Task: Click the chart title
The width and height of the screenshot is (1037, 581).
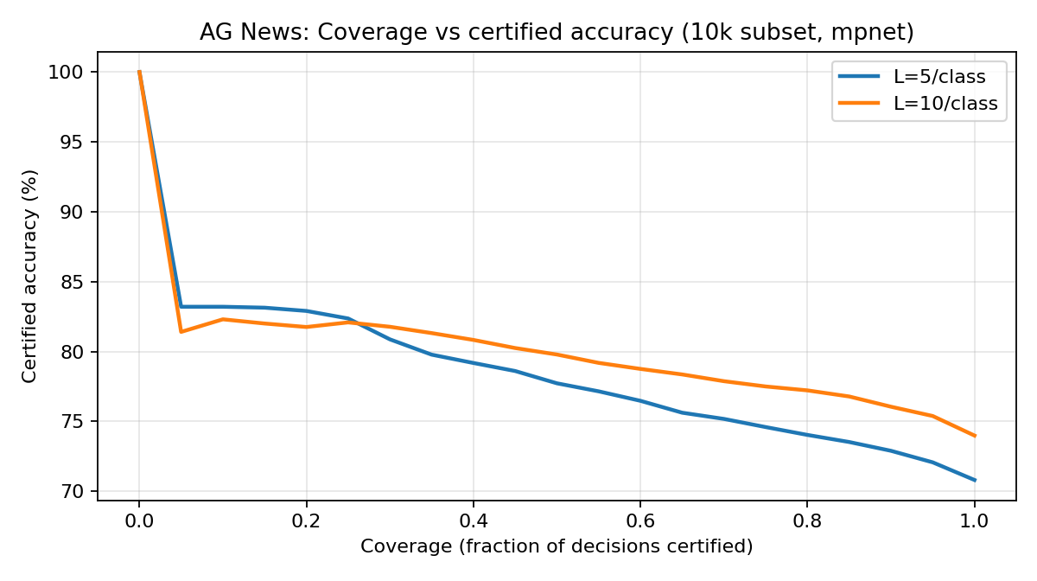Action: [557, 33]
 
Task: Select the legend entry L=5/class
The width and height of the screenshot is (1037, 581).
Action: [938, 76]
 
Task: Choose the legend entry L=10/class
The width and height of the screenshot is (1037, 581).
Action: [945, 104]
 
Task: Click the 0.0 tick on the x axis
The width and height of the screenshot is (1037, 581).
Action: [139, 521]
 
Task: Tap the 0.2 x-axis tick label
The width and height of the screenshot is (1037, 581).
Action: [306, 521]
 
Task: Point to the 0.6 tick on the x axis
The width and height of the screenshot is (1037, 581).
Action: [640, 521]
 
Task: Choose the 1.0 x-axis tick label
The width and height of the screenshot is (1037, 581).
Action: [975, 521]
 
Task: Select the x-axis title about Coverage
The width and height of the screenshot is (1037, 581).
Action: [557, 546]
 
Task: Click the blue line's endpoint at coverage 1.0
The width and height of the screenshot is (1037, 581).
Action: [975, 481]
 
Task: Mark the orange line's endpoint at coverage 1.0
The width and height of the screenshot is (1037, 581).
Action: [975, 436]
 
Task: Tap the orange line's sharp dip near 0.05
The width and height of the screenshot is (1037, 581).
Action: [181, 332]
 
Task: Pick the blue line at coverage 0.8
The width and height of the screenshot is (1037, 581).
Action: [807, 435]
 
